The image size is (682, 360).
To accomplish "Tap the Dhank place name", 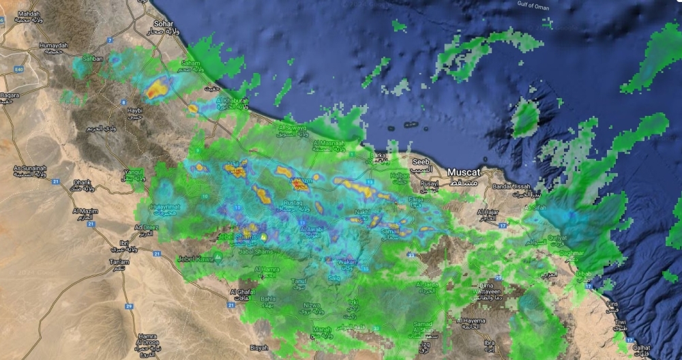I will [82, 182].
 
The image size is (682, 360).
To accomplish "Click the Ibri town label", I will [123, 243].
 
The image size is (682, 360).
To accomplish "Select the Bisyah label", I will [259, 347].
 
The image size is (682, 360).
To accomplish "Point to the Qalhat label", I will [642, 346].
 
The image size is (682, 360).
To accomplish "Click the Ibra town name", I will [488, 342].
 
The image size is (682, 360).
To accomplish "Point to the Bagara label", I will [10, 95].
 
